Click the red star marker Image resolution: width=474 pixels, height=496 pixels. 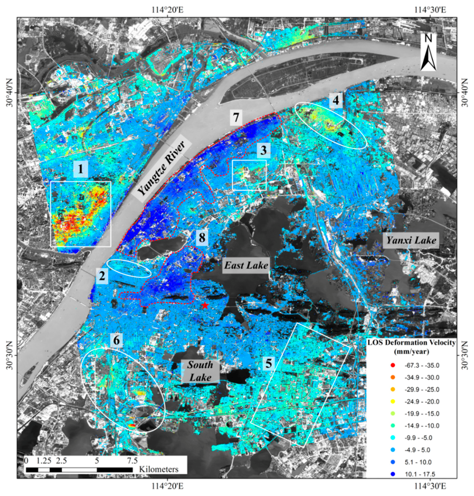[x=205, y=306]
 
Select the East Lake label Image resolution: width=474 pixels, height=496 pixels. [x=246, y=265]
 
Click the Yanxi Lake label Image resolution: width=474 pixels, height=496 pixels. [x=411, y=240]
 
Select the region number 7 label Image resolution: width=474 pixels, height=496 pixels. [x=236, y=117]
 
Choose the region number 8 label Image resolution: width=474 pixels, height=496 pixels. [x=202, y=238]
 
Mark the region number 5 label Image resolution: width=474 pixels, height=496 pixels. [x=268, y=364]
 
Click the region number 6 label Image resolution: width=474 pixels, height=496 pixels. [x=116, y=340]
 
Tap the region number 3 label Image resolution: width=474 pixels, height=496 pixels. [x=263, y=151]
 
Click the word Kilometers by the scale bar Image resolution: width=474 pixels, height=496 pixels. [x=159, y=469]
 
